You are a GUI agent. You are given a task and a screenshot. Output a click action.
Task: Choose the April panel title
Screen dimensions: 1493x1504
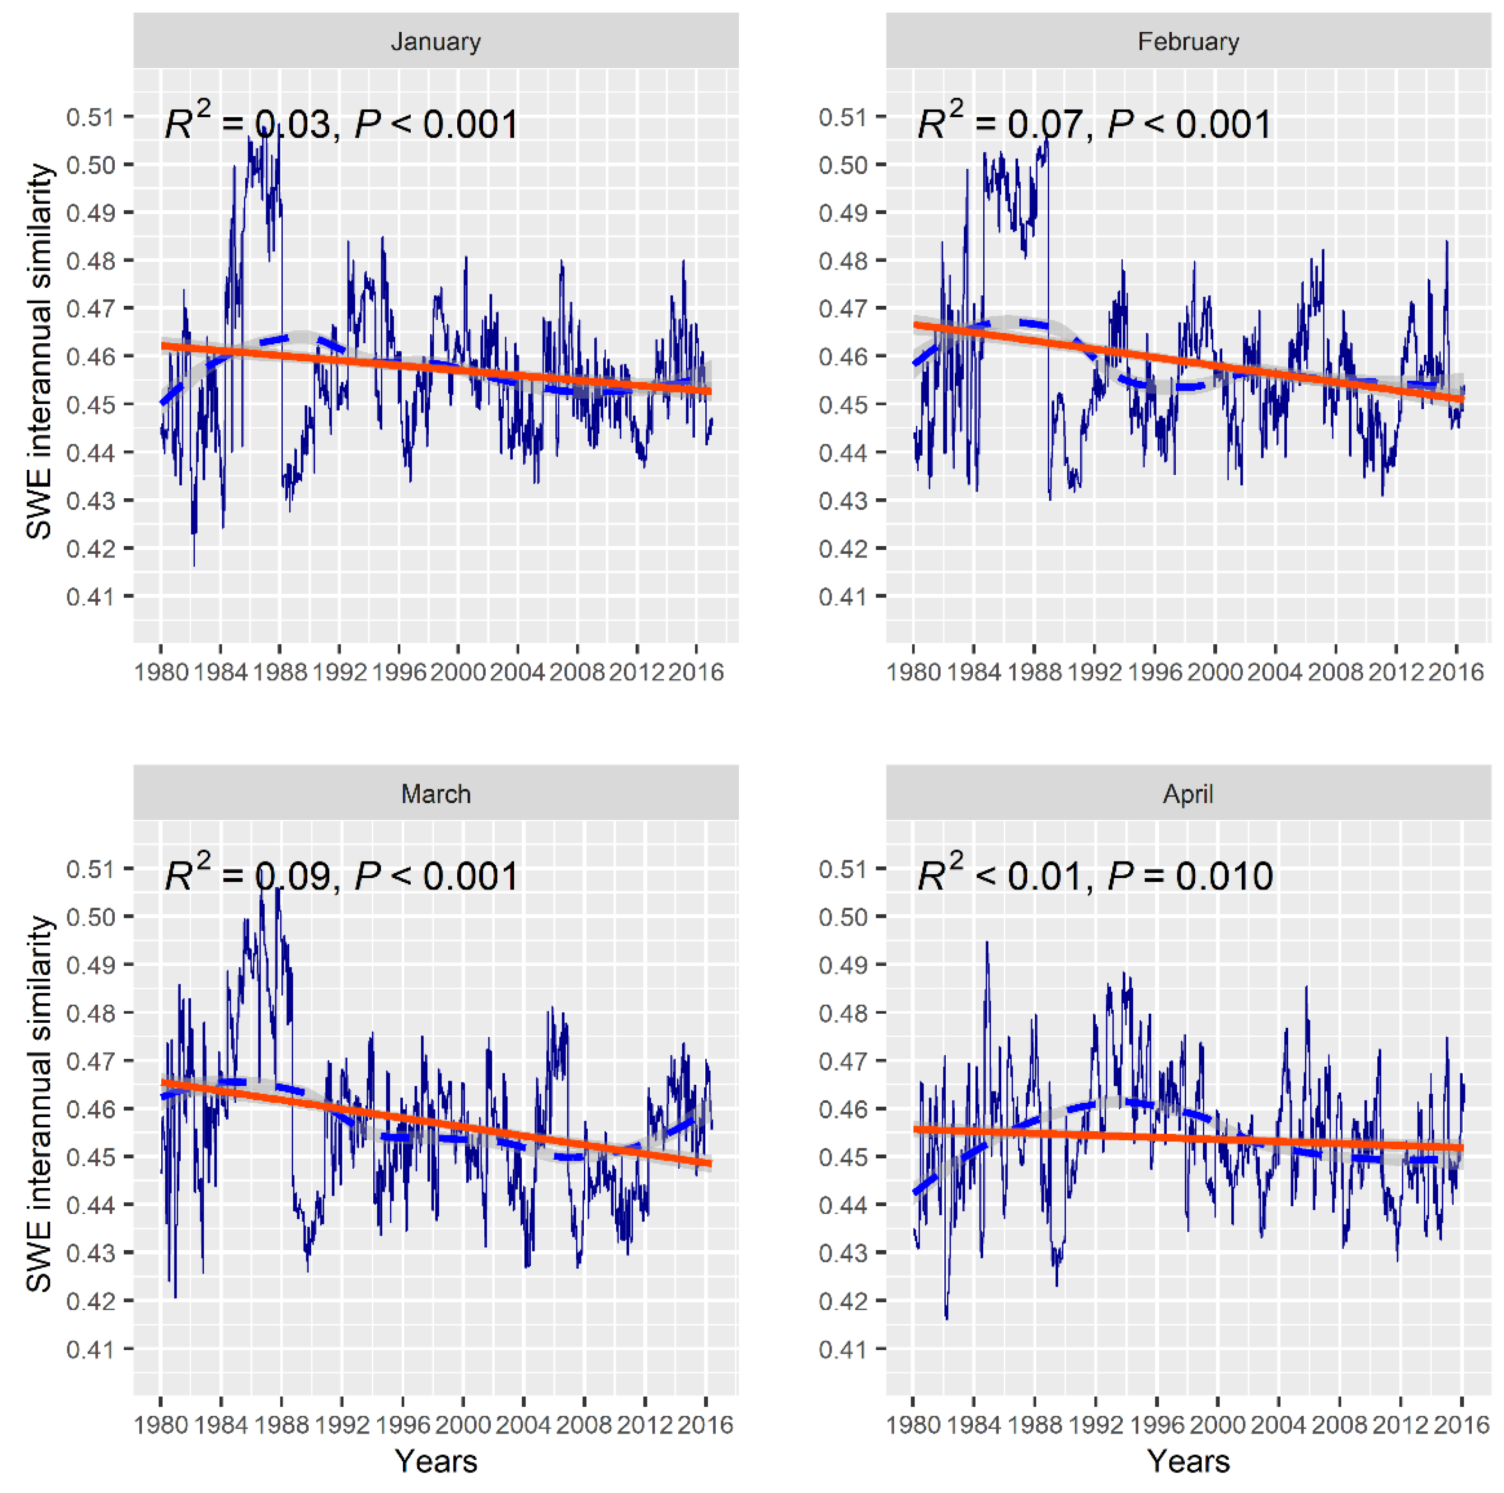[x=1188, y=794]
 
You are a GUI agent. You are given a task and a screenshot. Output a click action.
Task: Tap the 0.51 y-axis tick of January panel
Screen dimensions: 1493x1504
[x=90, y=118]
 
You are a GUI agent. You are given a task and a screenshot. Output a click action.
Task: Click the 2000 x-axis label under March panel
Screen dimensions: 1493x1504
[x=463, y=1425]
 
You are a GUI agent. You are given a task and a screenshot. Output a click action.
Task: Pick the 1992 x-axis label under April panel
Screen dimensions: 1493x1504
[x=1095, y=1425]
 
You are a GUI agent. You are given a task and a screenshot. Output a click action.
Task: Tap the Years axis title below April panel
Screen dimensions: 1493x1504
[x=1188, y=1461]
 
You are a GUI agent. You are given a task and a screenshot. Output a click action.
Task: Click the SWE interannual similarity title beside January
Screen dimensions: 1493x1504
[x=39, y=352]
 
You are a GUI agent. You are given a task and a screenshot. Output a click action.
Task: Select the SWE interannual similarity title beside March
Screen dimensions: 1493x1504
[x=39, y=1104]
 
